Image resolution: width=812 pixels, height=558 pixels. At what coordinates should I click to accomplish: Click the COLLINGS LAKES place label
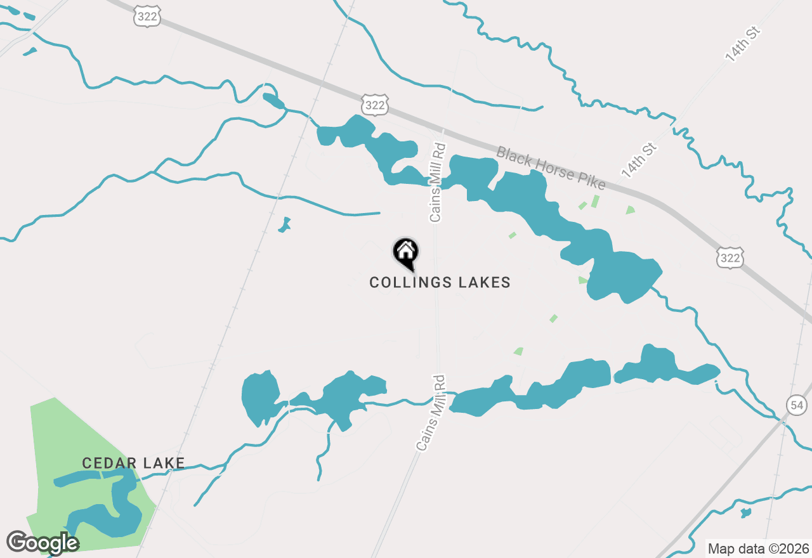tap(440, 282)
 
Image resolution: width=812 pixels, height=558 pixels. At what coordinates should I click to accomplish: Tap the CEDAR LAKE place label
tap(133, 464)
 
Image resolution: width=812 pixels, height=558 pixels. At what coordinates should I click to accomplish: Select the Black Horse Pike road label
tap(551, 169)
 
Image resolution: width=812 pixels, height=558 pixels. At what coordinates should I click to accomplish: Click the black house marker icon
tap(405, 252)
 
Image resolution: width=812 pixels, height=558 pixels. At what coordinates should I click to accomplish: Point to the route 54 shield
tap(796, 405)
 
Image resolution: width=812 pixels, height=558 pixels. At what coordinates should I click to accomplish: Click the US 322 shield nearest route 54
tap(730, 257)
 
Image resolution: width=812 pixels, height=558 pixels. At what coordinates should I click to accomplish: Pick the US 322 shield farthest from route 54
tap(147, 17)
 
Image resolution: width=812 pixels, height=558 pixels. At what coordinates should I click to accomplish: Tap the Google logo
tap(42, 543)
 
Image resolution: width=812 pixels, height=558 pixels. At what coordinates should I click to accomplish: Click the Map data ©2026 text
tap(758, 548)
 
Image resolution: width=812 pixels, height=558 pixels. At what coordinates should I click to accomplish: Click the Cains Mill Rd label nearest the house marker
tap(438, 182)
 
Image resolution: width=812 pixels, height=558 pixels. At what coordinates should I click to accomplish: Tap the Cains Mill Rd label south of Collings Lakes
tap(432, 413)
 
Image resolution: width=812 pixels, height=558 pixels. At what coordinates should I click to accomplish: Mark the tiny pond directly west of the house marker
tap(285, 224)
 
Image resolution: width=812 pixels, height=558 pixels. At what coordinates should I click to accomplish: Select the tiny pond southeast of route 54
tap(745, 512)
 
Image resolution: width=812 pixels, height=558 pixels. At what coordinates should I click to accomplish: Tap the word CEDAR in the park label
tap(101, 464)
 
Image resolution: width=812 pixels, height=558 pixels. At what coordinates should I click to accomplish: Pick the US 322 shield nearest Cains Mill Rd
tap(375, 105)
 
